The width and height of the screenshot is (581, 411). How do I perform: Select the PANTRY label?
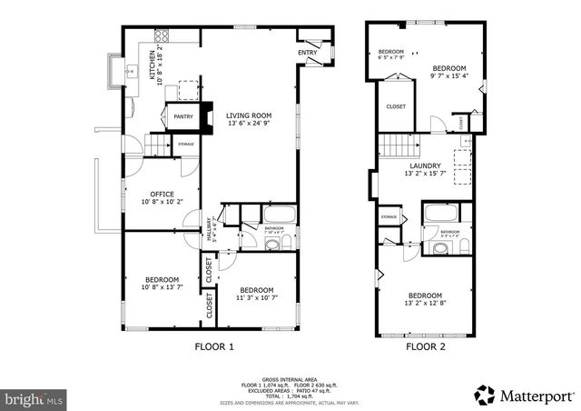pyautogui.click(x=182, y=116)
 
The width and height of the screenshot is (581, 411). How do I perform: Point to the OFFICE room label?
pyautogui.click(x=162, y=193)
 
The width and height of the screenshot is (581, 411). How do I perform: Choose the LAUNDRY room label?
pyautogui.click(x=425, y=165)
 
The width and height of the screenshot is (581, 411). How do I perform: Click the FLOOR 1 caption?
pyautogui.click(x=215, y=346)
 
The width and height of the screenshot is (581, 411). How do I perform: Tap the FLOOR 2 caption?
pyautogui.click(x=425, y=346)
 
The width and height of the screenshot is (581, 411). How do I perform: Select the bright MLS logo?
pyautogui.click(x=34, y=398)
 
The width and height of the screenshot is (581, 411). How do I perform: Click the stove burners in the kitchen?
pyautogui.click(x=163, y=36)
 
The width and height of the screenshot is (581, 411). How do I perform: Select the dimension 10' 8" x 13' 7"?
pyautogui.click(x=162, y=288)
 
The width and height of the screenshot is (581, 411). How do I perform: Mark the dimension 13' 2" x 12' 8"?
pyautogui.click(x=425, y=305)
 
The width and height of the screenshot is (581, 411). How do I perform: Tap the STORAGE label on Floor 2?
pyautogui.click(x=389, y=217)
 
